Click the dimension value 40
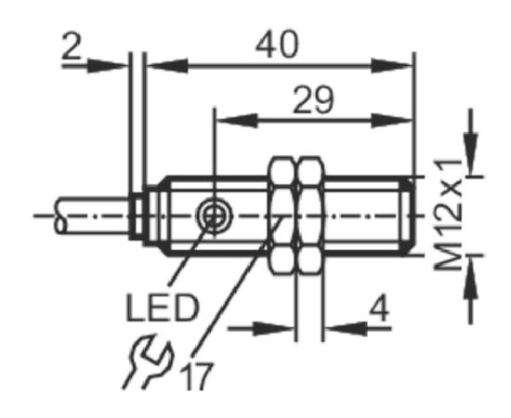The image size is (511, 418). coord(277,45)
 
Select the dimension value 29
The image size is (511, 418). coord(313,100)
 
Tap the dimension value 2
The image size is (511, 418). coord(72,46)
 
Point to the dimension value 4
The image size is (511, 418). coord(379,309)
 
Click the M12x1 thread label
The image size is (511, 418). coord(449,215)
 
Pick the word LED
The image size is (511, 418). coord(162,307)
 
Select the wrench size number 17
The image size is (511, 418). coord(197,376)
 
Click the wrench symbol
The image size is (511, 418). coord(148,361)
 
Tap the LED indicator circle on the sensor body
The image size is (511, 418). coord(214,216)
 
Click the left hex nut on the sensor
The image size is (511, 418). coord(282,216)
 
